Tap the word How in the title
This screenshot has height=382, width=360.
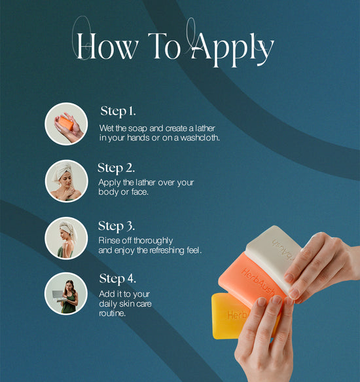[107, 46]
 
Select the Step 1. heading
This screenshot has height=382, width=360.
[118, 111]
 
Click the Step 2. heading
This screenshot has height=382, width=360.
[116, 168]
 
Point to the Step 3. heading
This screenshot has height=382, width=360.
[117, 226]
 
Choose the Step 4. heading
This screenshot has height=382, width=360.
[117, 278]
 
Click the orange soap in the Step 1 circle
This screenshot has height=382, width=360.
[66, 123]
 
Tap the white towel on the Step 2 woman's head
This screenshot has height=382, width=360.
[62, 170]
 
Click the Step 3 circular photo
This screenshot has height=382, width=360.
[66, 239]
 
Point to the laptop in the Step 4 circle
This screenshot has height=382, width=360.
[58, 296]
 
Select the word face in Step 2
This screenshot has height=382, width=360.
[139, 192]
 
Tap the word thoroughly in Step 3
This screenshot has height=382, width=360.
[153, 240]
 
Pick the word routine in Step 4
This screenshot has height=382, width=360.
[112, 313]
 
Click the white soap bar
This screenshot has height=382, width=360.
[272, 256]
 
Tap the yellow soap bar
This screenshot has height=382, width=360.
[229, 316]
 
